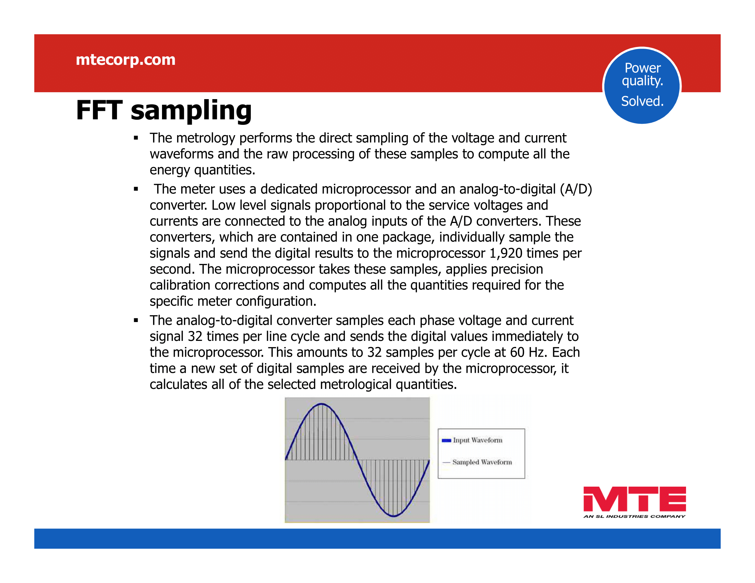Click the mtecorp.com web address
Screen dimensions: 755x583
[126, 60]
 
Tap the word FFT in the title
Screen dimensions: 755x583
[99, 110]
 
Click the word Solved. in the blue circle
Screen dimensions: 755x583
[642, 101]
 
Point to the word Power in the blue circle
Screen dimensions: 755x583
[643, 68]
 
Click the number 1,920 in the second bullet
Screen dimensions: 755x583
[506, 253]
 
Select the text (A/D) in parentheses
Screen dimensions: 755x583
[576, 189]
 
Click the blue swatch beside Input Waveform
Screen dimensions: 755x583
[446, 440]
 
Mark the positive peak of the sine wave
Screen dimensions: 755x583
[322, 404]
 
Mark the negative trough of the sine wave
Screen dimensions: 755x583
[393, 516]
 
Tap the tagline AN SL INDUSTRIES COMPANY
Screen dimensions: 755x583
[634, 516]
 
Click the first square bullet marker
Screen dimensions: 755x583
[136, 138]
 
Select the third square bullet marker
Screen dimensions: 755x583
[136, 321]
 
